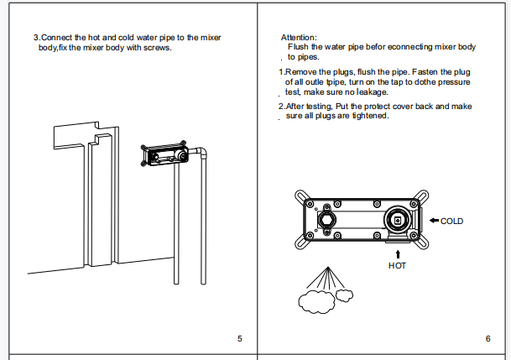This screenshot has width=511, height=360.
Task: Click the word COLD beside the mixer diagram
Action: pyautogui.click(x=451, y=221)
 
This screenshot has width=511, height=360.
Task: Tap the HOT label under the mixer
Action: pyautogui.click(x=397, y=265)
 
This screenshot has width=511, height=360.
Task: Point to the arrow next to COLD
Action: pyautogui.click(x=433, y=221)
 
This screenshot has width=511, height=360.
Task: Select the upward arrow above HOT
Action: pyautogui.click(x=397, y=252)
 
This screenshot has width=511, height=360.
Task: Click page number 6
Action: pyautogui.click(x=488, y=338)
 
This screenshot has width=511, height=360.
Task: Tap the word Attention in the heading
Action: pyautogui.click(x=298, y=38)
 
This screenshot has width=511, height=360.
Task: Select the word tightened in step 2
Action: pyautogui.click(x=369, y=116)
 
